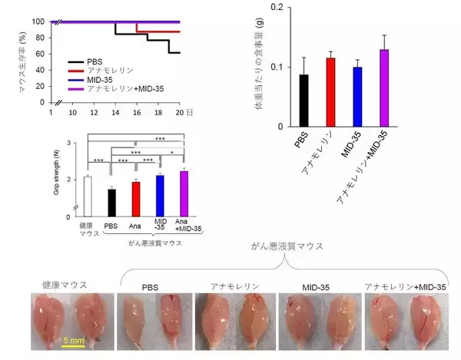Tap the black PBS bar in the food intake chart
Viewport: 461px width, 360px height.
point(304,101)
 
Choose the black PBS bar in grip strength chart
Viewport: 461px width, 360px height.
point(111,203)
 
